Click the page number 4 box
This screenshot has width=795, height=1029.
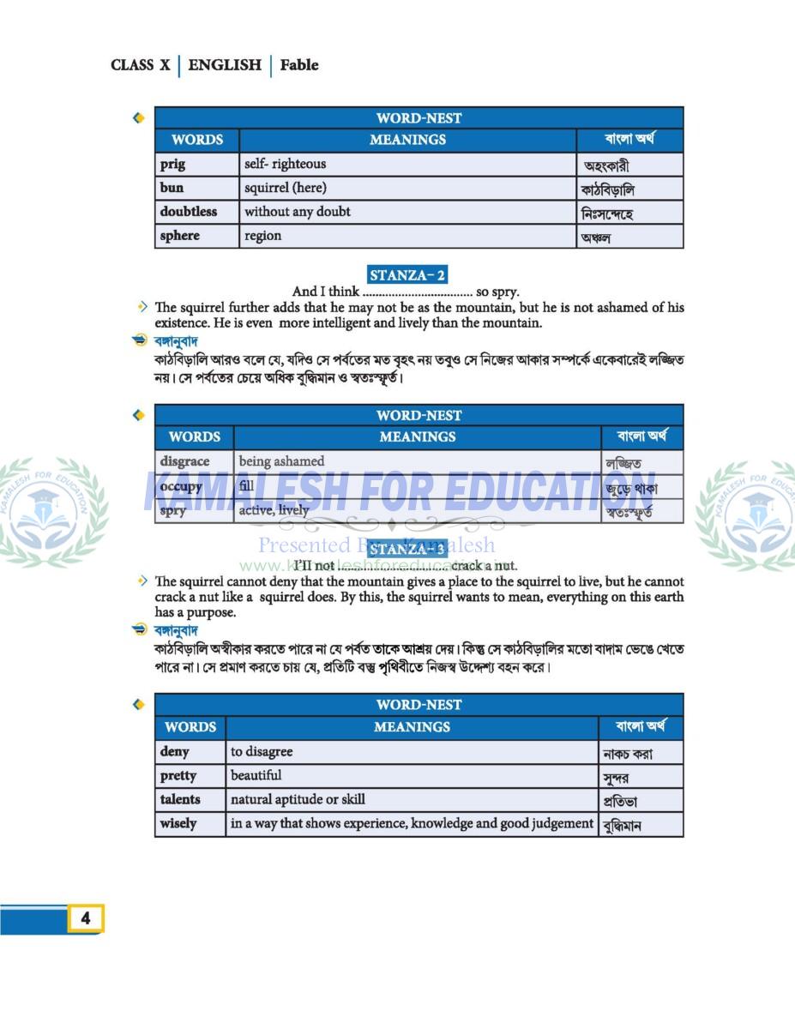point(86,918)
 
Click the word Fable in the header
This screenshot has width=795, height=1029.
point(298,65)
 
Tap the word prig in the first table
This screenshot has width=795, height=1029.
point(172,165)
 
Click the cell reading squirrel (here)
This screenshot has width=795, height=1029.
point(286,188)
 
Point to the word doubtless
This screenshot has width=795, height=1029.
point(188,212)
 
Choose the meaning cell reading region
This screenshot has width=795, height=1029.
point(262,236)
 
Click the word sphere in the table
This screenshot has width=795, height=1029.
point(179,236)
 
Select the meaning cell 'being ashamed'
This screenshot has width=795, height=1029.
point(281,461)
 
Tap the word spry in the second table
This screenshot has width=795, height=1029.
point(172,510)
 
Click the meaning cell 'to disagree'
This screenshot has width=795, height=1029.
point(262,752)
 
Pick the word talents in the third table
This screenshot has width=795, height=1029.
point(180,799)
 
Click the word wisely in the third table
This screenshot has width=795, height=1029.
point(178,823)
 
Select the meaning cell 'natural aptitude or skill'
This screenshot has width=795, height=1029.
point(298,799)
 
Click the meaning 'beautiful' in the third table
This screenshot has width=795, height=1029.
point(256,776)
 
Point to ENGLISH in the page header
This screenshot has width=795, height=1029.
point(225,65)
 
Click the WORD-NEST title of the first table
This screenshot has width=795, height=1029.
point(419,118)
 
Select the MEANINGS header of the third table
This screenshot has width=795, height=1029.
point(412,727)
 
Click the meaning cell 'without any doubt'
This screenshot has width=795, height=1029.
point(298,212)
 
